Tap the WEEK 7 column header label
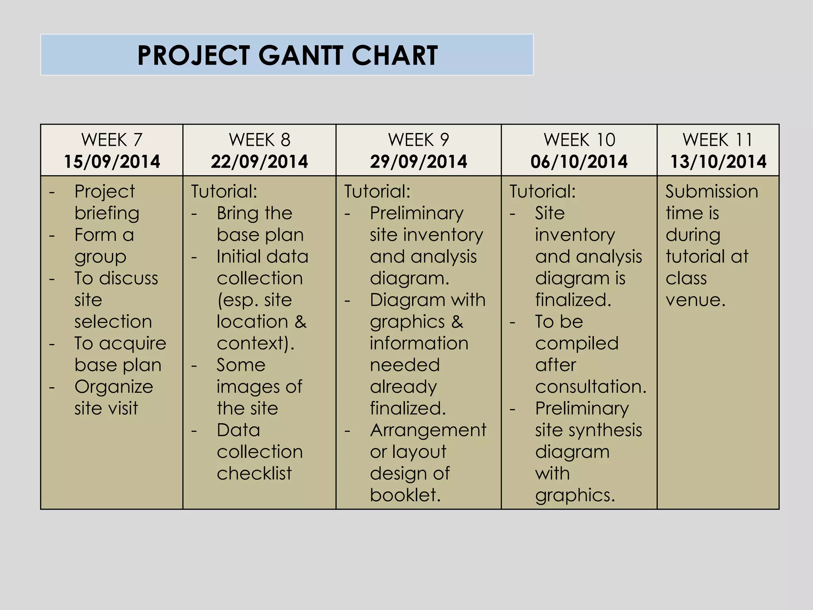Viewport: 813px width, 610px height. (x=112, y=140)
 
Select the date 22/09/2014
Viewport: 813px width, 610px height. (x=259, y=162)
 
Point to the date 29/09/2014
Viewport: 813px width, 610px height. (x=418, y=162)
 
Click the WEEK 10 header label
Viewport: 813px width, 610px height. (x=579, y=140)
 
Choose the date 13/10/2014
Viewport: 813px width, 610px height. (x=718, y=162)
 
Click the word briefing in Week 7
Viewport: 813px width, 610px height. (x=107, y=214)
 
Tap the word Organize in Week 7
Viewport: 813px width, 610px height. (x=114, y=387)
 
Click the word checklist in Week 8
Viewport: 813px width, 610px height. (x=254, y=473)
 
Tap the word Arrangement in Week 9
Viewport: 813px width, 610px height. (x=428, y=430)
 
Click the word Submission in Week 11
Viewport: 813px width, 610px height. (x=712, y=191)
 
